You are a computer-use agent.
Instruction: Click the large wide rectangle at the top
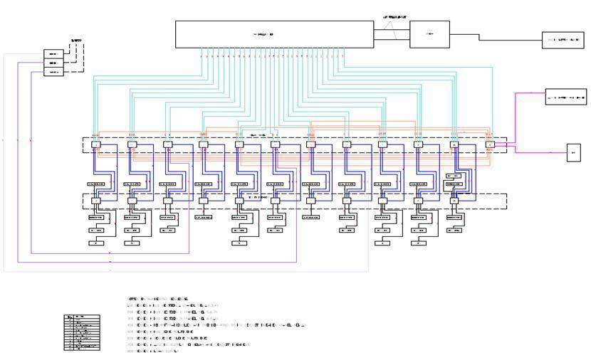275,34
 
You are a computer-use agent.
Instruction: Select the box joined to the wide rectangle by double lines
429,34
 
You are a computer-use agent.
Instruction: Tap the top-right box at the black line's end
562,41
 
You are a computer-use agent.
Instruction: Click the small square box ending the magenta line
574,152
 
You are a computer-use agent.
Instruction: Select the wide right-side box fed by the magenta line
564,97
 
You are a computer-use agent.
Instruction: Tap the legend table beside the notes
78,332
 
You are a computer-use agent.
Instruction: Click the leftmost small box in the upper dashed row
96,144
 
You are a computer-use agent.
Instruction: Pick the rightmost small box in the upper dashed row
490,144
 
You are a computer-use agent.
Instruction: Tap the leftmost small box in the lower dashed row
96,201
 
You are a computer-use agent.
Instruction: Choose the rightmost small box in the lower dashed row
454,201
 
